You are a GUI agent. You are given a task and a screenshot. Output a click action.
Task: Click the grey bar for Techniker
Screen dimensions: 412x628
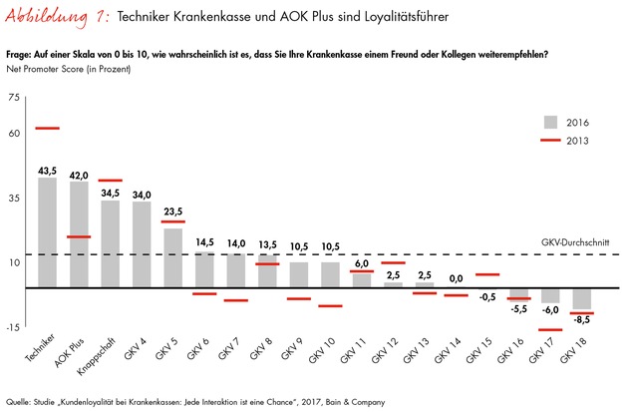click(47, 232)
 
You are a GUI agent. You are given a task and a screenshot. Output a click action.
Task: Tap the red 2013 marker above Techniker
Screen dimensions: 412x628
click(47, 129)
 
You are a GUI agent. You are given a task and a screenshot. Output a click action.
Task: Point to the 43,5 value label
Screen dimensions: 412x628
click(47, 171)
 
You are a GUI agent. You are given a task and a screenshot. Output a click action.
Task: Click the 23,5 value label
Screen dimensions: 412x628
click(173, 211)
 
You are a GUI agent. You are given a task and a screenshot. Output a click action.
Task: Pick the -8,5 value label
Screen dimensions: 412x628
click(582, 320)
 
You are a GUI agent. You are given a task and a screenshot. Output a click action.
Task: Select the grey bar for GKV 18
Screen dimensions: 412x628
click(582, 298)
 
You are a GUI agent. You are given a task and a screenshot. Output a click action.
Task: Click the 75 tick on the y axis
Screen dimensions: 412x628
click(13, 97)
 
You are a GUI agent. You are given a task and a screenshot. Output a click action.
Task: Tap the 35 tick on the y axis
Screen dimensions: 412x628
click(13, 200)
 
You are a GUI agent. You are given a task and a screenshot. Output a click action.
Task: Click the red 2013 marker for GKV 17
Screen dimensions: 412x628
click(551, 330)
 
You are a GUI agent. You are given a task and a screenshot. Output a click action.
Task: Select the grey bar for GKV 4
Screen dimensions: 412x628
click(142, 244)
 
